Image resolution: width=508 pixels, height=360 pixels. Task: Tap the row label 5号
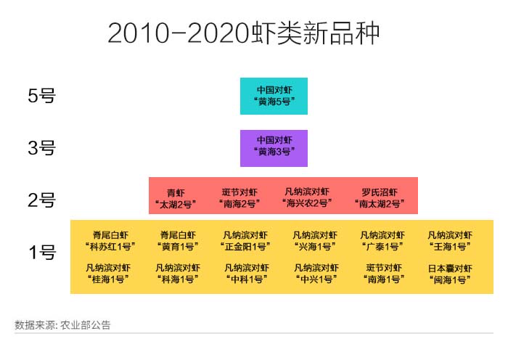[42, 96]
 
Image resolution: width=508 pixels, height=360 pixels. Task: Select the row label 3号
[42, 148]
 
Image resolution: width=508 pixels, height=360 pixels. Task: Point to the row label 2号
[42, 200]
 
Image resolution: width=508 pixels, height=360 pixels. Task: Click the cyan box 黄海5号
[274, 96]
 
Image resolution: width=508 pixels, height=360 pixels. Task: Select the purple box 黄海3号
[274, 148]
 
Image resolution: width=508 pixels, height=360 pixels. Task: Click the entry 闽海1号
[450, 274]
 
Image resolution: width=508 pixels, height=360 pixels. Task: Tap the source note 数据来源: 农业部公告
[62, 325]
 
